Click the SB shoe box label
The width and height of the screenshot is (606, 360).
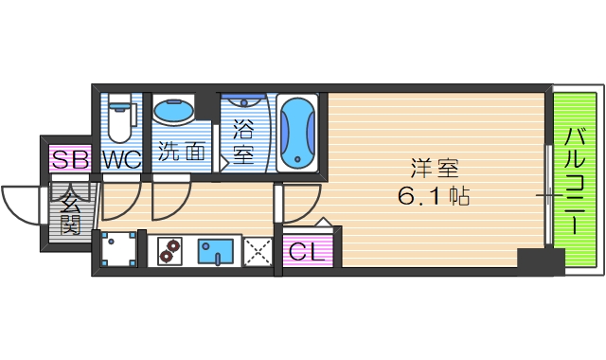[x=70, y=159]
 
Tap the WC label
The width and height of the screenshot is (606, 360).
[x=121, y=159]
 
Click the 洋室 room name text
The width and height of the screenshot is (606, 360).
[x=435, y=170]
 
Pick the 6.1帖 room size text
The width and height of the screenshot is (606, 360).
[x=434, y=198]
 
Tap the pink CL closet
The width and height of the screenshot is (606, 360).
[x=307, y=251]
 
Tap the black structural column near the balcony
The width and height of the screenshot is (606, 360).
[x=540, y=259]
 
